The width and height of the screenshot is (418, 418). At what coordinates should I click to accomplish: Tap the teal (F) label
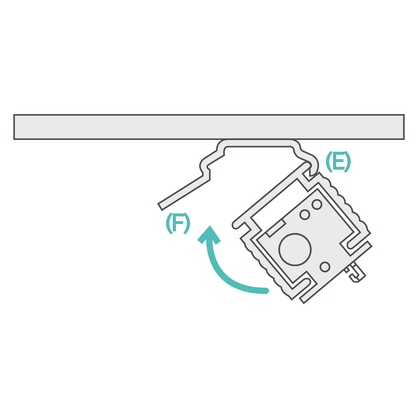point(178,224)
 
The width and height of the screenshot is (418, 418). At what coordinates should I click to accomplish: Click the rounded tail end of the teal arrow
point(266,291)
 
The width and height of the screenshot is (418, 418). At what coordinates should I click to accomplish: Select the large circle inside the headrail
point(295,249)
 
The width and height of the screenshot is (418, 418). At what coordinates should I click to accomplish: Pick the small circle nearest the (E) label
point(317,204)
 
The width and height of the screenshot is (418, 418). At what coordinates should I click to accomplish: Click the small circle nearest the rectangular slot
point(304,215)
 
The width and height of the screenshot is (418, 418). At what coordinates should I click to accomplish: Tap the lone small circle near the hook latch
point(325,267)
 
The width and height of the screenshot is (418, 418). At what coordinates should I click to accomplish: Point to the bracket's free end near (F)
point(161,206)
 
